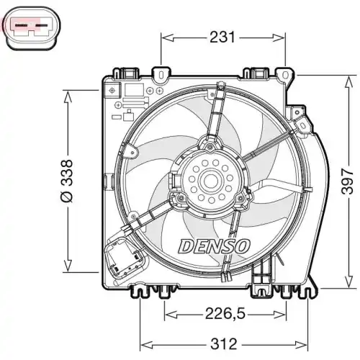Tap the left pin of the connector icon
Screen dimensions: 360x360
click(22, 30)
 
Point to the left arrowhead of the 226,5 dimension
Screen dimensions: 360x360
click(167, 313)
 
